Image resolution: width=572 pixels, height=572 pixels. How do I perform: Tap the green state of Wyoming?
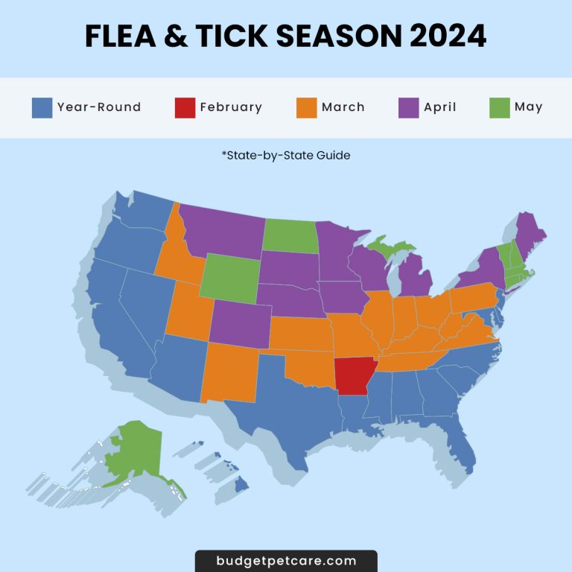230,278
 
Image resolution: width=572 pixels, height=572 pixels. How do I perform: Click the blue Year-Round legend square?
42,107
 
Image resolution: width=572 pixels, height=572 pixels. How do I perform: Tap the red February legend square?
185,107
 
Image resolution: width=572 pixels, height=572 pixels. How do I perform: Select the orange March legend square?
307,107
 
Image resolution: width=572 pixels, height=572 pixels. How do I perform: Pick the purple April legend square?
409,107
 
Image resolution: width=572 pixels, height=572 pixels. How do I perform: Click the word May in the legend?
528,107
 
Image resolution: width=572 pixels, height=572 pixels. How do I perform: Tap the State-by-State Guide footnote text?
286,156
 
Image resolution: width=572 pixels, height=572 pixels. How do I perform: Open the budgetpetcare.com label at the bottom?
286,561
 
